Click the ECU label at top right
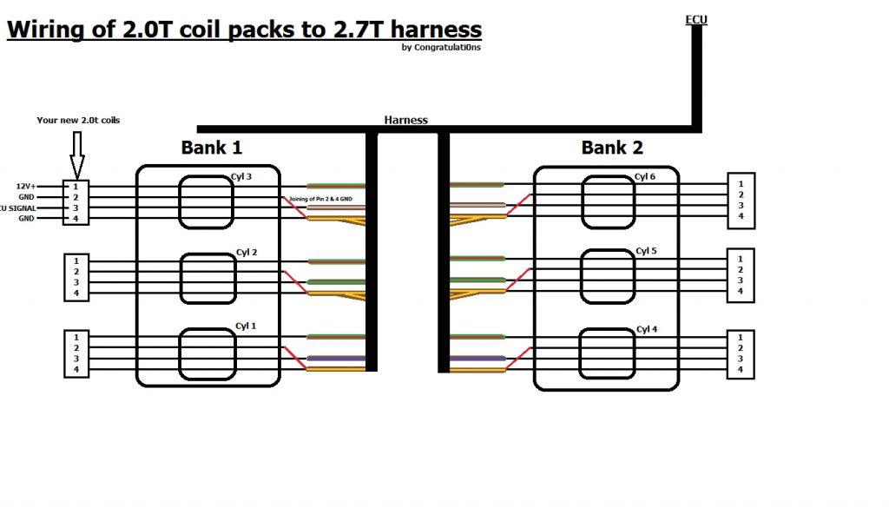(x=696, y=19)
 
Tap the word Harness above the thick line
(x=405, y=120)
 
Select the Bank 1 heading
(x=211, y=148)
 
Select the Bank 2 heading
(x=612, y=148)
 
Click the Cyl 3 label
(x=241, y=177)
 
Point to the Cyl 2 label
(x=247, y=253)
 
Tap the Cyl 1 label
(x=246, y=326)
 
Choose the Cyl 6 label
(x=646, y=177)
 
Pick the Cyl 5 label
(x=646, y=251)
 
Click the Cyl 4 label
(x=647, y=329)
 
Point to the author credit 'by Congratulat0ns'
(x=441, y=48)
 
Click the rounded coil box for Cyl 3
(x=207, y=203)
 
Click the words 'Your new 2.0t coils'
(x=78, y=120)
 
